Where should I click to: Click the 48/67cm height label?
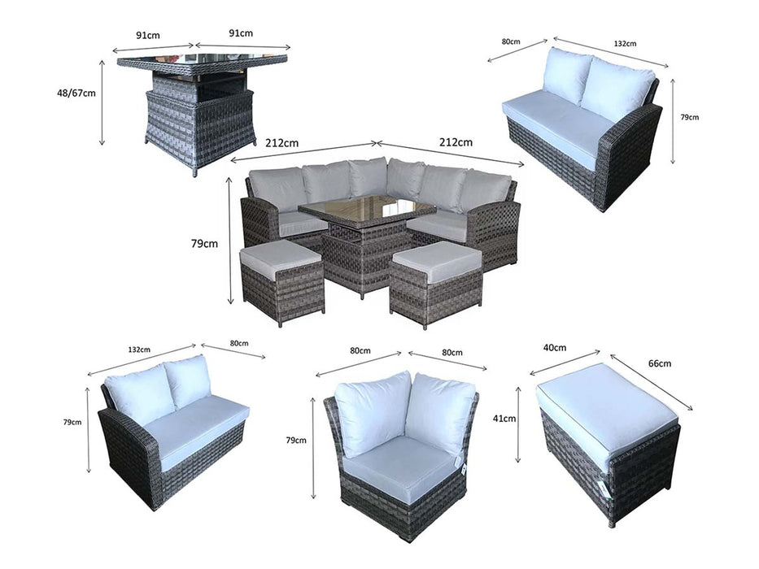click(x=76, y=93)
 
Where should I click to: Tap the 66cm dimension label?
click(x=659, y=363)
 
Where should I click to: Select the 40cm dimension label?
click(x=555, y=348)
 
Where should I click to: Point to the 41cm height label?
click(x=504, y=419)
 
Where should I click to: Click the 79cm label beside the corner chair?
click(x=296, y=441)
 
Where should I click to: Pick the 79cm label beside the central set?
click(x=204, y=243)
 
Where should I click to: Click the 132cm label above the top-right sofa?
click(x=625, y=44)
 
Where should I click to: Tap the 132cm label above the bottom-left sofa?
click(x=139, y=350)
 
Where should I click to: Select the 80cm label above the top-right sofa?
click(x=511, y=41)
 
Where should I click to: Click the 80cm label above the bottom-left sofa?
click(x=239, y=343)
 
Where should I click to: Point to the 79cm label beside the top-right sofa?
click(x=690, y=117)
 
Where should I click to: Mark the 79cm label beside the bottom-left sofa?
click(x=72, y=422)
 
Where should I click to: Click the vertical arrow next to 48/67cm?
click(x=103, y=102)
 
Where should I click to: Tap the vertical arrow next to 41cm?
click(x=518, y=425)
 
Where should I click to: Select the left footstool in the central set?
click(x=282, y=280)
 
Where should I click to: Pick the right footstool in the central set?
click(x=436, y=284)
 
